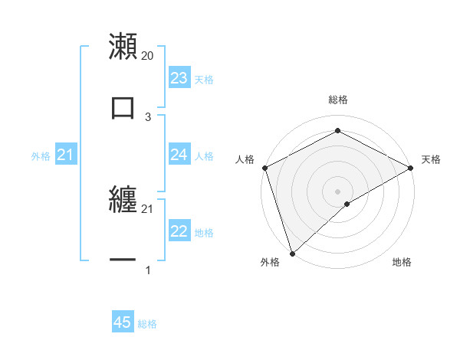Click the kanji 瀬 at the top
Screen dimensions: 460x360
click(123, 46)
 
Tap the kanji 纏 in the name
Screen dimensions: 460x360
click(123, 198)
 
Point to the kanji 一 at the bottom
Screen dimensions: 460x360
click(123, 260)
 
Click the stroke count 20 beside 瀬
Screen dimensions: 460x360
click(148, 56)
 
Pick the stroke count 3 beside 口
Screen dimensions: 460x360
click(148, 116)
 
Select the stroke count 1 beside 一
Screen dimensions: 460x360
click(148, 270)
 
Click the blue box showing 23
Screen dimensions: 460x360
click(179, 78)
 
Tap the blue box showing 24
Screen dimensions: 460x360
click(179, 155)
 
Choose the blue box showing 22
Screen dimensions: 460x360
click(179, 231)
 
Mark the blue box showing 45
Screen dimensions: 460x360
click(123, 322)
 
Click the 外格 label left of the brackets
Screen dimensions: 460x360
click(41, 155)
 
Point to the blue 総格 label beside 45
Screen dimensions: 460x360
click(147, 324)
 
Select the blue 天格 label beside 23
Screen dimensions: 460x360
click(204, 79)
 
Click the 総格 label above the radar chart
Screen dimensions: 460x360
click(338, 100)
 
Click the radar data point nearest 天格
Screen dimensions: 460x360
click(411, 168)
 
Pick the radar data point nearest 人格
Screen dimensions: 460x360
click(264, 168)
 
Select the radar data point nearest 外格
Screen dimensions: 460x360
click(292, 253)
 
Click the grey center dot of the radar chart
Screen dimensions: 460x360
click(338, 191)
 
